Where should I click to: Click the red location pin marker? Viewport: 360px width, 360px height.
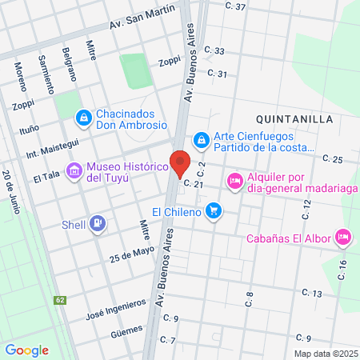coord(180,163)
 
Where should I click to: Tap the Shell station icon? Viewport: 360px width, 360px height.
coord(98,222)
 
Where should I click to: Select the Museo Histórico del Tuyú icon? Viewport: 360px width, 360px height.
coord(75,170)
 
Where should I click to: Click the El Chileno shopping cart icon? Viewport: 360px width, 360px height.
coord(213,211)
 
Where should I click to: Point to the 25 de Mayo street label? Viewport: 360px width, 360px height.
coord(132,254)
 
